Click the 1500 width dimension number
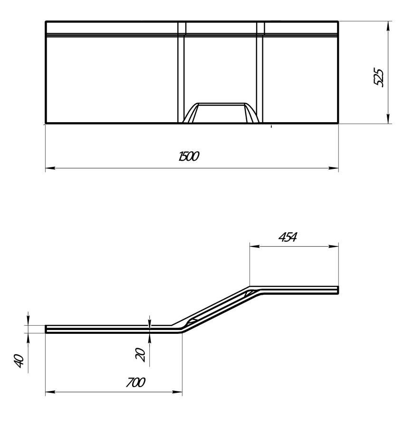(x=189, y=156)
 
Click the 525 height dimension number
(x=379, y=78)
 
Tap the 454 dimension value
(x=288, y=237)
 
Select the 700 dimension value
(x=135, y=382)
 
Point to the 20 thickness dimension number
(x=141, y=355)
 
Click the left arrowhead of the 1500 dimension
(x=50, y=168)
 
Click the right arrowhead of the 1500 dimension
(x=334, y=168)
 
